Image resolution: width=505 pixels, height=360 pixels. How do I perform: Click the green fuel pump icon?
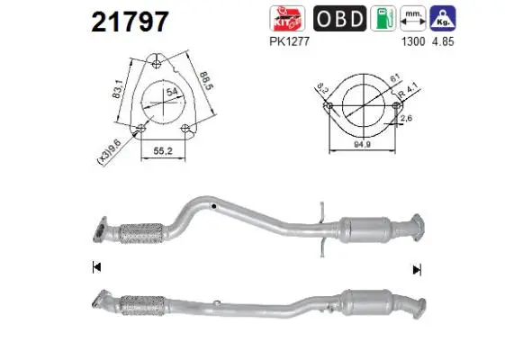coord(383,18)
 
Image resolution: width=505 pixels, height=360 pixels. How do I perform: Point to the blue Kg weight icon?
coord(441,18)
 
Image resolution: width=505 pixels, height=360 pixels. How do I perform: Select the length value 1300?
coord(411,38)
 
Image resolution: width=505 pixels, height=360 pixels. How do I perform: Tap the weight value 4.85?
coord(442,38)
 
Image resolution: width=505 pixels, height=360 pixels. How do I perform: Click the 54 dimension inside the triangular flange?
coord(172,90)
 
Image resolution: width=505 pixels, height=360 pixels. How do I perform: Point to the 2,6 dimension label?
coord(405,117)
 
